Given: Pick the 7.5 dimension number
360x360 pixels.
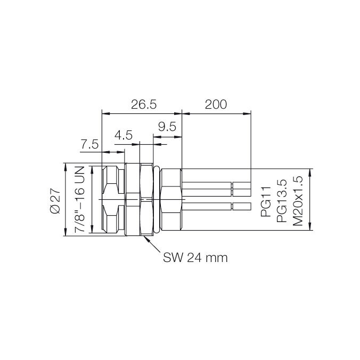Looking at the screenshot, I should point(90,144).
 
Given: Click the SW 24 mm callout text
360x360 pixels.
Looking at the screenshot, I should point(195,258).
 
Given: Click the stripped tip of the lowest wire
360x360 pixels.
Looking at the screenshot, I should point(242,207).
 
